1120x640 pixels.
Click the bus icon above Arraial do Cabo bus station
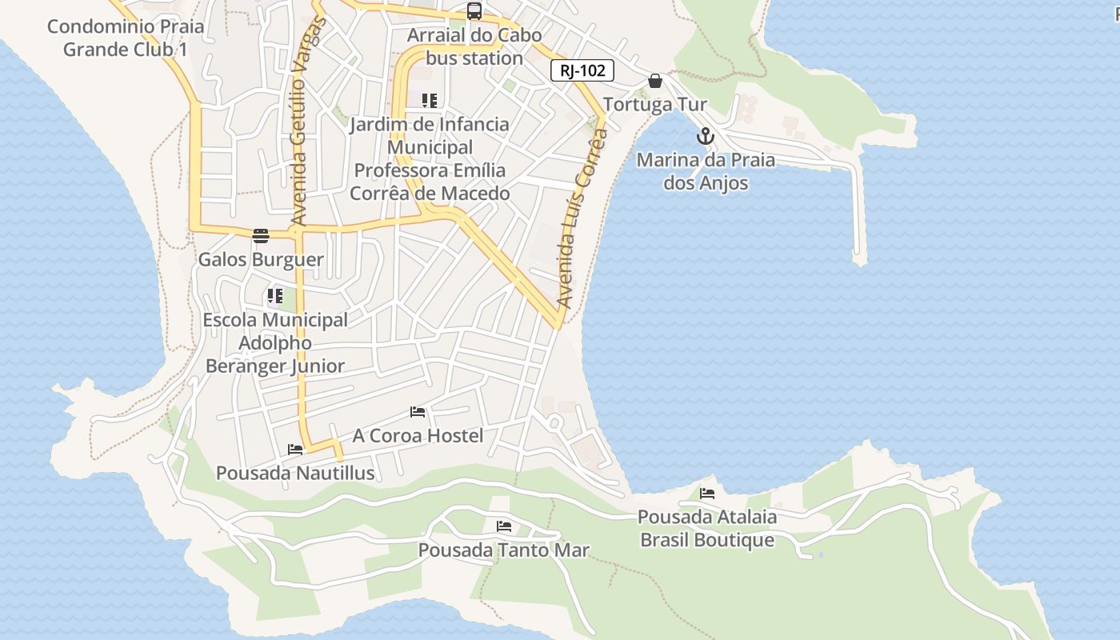click(474, 11)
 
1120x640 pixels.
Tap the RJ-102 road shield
click(582, 70)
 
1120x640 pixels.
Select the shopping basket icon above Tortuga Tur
click(655, 81)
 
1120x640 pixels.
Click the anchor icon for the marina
click(705, 136)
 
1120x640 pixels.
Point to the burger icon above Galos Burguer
click(261, 236)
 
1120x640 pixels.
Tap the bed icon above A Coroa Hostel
click(418, 412)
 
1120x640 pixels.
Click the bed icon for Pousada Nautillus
click(295, 450)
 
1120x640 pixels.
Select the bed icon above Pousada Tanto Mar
click(504, 526)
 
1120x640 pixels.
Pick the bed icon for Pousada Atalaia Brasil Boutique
click(707, 494)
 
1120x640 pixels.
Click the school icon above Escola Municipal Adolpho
click(274, 296)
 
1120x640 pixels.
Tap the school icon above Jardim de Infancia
click(430, 101)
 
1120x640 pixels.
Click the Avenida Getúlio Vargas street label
click(300, 120)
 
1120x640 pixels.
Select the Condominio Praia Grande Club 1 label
click(126, 38)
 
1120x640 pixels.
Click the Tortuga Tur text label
click(655, 105)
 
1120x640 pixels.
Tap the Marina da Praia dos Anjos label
click(706, 171)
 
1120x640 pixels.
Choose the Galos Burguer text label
click(261, 260)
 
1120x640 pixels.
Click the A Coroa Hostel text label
click(418, 435)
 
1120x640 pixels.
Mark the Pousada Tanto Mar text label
click(504, 550)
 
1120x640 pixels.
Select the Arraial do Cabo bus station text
click(474, 46)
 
